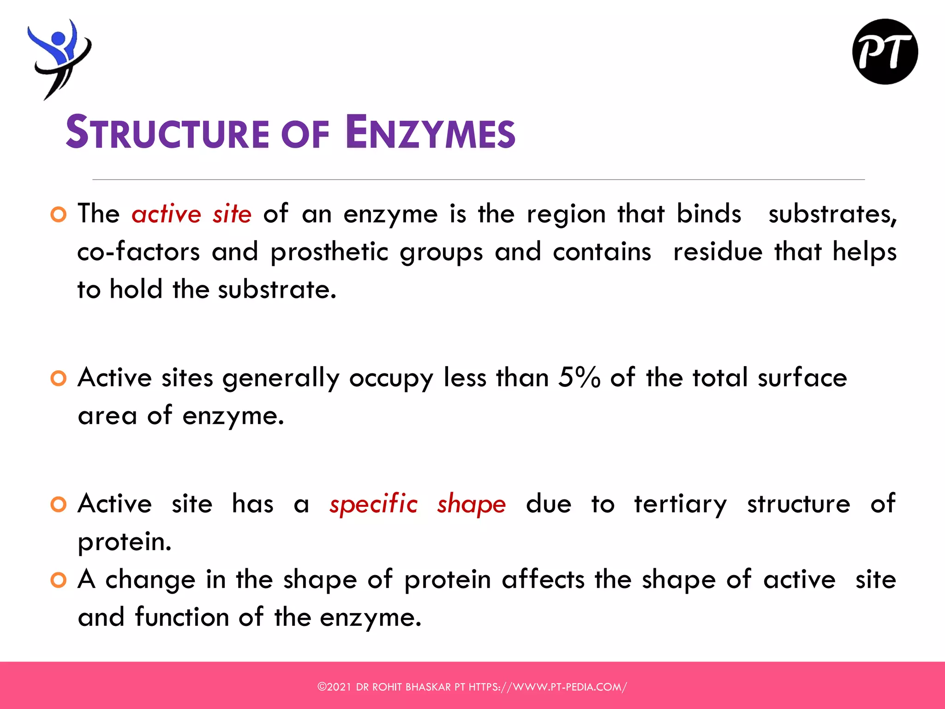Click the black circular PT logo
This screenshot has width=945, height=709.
click(885, 52)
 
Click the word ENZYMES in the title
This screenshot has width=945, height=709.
click(430, 133)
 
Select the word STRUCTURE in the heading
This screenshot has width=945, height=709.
click(167, 133)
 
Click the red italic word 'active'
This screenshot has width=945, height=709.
click(167, 214)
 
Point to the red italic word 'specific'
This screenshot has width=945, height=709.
click(373, 504)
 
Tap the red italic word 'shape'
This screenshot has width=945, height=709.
click(472, 504)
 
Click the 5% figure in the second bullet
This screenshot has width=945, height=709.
click(579, 378)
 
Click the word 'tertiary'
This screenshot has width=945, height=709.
click(680, 504)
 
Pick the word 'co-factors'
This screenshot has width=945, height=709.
click(138, 252)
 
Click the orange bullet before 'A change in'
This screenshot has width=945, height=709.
click(59, 580)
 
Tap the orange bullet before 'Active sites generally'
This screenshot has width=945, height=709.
click(59, 379)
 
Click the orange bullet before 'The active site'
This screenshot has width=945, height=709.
click(59, 215)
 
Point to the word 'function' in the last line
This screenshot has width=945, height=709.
click(182, 617)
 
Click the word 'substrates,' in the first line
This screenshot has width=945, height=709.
click(832, 214)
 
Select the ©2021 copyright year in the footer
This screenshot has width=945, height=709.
click(335, 687)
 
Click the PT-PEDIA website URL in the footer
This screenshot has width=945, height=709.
click(548, 687)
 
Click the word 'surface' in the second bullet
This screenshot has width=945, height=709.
click(802, 378)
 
